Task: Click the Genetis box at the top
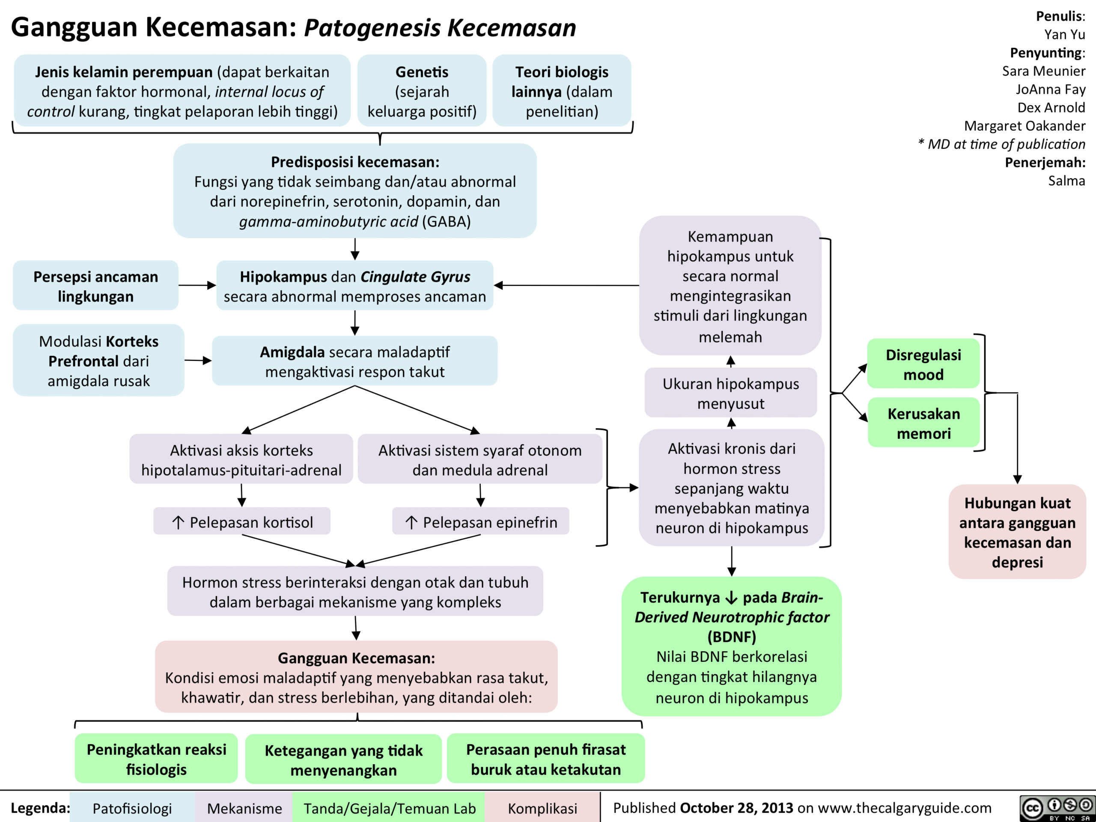click(x=422, y=91)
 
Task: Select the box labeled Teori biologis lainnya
click(x=561, y=91)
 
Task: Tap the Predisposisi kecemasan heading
click(x=355, y=162)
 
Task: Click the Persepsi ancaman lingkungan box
click(x=95, y=286)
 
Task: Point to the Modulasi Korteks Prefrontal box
click(x=98, y=361)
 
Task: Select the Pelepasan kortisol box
click(x=242, y=522)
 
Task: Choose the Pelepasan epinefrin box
click(x=481, y=522)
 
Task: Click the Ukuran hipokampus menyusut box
click(x=730, y=393)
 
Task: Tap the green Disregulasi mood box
click(x=923, y=364)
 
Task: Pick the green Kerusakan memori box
click(x=923, y=423)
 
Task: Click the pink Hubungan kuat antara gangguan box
click(x=1017, y=532)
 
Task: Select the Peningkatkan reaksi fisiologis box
click(x=156, y=759)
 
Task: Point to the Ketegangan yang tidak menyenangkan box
click(x=343, y=759)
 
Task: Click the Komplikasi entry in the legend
click(x=542, y=809)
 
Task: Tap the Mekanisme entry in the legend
click(x=244, y=809)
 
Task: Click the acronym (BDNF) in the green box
click(x=731, y=637)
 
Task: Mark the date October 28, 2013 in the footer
click(x=736, y=807)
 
